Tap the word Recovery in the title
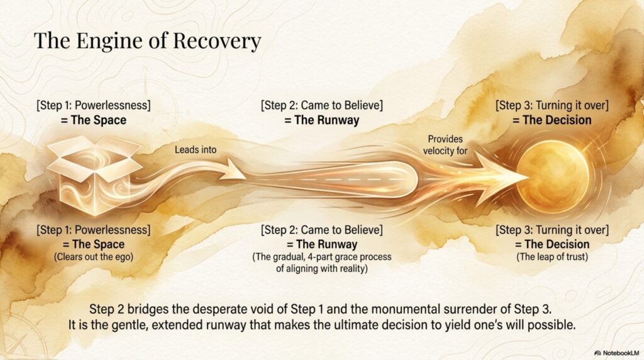tap(217, 42)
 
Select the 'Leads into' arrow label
tap(196, 150)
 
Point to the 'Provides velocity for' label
tap(445, 145)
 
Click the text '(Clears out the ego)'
tap(94, 257)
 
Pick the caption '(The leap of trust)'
tap(552, 257)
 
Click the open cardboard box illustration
tap(94, 175)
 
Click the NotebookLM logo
tap(617, 353)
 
